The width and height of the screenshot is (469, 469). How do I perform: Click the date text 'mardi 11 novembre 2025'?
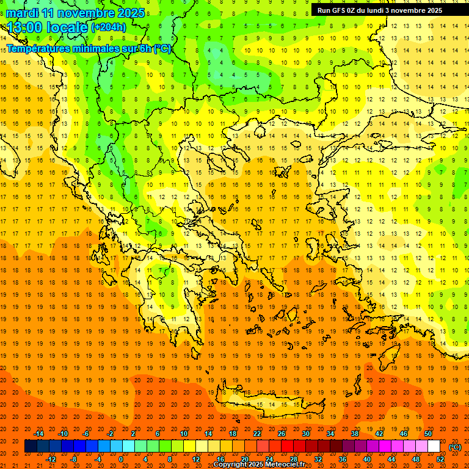[76, 13]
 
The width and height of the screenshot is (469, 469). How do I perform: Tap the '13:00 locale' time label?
[48, 27]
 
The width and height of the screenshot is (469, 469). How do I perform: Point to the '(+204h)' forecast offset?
[108, 27]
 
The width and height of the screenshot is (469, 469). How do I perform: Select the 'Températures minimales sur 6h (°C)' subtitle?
[89, 48]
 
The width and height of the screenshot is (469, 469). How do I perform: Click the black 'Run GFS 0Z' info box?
[385, 10]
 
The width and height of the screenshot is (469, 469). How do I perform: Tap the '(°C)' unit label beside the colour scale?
[454, 447]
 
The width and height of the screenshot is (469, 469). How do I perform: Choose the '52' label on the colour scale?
[440, 459]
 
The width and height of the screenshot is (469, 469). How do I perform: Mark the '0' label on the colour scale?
[120, 459]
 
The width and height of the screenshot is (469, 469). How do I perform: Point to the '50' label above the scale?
[428, 434]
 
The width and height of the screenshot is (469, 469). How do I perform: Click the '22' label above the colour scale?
[257, 434]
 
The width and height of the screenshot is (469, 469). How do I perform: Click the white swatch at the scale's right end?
[434, 446]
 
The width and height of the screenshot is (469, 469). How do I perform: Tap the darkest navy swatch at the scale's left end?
[31, 446]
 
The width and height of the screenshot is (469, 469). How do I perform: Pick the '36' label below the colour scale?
[343, 459]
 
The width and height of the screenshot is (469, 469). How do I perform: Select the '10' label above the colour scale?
[184, 434]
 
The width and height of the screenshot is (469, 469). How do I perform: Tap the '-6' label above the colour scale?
[87, 434]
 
